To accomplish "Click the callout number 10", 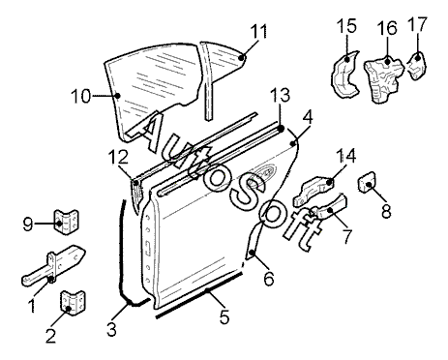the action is tap(81, 96).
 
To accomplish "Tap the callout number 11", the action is tap(259, 31).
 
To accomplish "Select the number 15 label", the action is tap(346, 26).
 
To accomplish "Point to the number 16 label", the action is tap(387, 28).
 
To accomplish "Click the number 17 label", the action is tap(417, 24).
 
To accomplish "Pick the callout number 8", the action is tap(386, 212).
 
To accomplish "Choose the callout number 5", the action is tap(224, 316).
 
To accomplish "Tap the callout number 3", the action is tap(111, 329).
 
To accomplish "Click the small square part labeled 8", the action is tap(368, 183).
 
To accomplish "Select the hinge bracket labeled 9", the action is tap(66, 222).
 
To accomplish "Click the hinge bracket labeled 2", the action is tap(73, 303).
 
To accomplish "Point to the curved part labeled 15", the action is tap(344, 75).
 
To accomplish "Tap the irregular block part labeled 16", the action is tap(384, 78).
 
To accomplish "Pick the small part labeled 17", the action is tap(416, 66).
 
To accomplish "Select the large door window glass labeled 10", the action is tap(152, 94).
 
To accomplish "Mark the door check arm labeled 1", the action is tap(53, 265).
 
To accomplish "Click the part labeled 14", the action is tap(314, 191).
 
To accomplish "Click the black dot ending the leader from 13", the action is tap(281, 129).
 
